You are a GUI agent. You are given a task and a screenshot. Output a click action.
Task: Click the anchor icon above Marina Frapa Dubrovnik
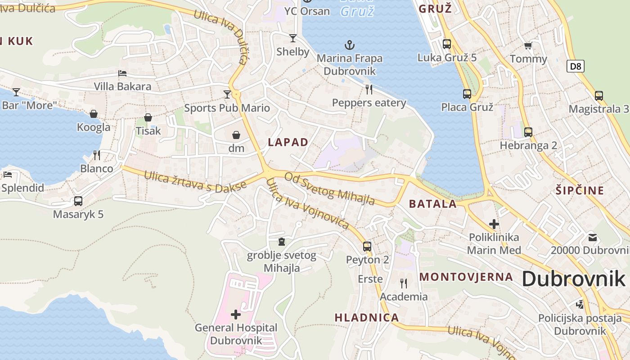[349, 45]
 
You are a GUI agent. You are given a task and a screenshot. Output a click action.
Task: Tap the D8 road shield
[576, 67]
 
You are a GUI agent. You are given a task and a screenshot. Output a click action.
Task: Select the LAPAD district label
[288, 142]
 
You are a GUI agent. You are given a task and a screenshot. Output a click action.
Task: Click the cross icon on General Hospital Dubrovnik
[235, 314]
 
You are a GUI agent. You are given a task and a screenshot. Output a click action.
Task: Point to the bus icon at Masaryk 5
[78, 201]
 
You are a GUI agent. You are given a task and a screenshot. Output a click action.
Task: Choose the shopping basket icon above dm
[236, 135]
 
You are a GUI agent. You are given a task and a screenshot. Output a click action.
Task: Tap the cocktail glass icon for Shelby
[293, 38]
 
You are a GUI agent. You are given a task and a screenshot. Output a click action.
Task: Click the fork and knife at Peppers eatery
[369, 89]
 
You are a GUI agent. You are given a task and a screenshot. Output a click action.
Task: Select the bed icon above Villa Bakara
[122, 73]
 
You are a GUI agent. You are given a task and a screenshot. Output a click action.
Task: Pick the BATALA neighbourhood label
[432, 203]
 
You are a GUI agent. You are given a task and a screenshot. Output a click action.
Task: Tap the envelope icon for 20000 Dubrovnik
[593, 237]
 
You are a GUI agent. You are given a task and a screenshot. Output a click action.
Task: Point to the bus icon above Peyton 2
[367, 247]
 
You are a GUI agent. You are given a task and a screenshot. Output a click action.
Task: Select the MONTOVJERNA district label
[466, 277]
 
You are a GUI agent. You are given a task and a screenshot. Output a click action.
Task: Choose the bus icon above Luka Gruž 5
[446, 44]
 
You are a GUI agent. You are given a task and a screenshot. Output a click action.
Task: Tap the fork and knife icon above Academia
[404, 283]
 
